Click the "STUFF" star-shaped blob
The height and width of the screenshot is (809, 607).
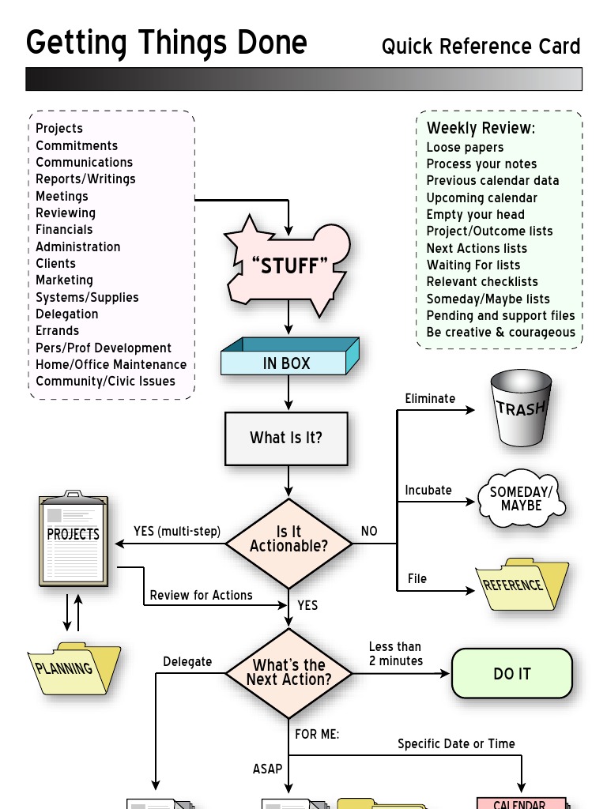point(288,266)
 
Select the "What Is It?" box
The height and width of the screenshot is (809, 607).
point(286,438)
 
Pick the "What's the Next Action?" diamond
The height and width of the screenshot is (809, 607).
point(288,672)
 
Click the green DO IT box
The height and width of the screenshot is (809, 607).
point(511,674)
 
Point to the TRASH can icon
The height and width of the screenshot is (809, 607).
point(521,408)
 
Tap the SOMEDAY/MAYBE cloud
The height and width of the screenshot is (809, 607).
point(521,499)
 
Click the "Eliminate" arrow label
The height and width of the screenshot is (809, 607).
point(430,398)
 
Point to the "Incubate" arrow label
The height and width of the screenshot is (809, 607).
point(428,490)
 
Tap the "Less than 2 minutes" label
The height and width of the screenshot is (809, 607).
point(395,653)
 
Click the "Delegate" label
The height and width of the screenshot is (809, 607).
point(187,661)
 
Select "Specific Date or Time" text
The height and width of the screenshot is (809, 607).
point(456,743)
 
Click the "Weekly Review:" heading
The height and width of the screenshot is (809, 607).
point(481,128)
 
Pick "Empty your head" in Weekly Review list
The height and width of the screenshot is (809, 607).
point(475,214)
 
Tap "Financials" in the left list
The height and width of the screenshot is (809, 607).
point(64,229)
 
